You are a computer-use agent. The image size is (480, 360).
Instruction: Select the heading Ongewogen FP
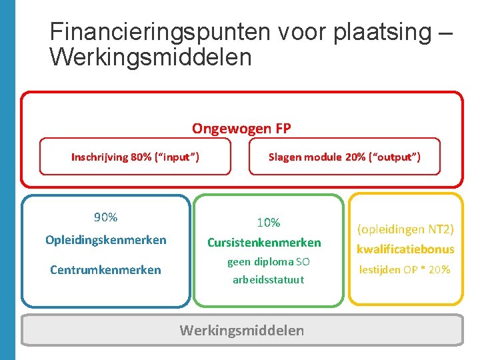click(x=241, y=128)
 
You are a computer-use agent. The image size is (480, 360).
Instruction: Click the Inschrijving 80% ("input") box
click(x=135, y=157)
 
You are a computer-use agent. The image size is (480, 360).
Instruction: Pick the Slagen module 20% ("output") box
click(x=344, y=157)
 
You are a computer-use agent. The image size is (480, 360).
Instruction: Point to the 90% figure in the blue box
click(x=105, y=217)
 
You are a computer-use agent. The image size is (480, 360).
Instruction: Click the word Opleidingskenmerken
click(x=105, y=240)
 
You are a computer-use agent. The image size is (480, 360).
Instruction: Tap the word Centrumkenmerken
click(x=105, y=270)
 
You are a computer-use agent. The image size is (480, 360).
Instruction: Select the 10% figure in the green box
click(x=268, y=223)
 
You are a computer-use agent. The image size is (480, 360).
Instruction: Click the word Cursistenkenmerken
click(x=264, y=243)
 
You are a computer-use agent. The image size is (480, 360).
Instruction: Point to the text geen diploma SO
click(x=268, y=262)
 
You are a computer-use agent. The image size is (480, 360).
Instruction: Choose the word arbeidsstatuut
click(x=268, y=280)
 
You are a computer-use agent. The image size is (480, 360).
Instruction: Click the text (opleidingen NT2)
click(x=405, y=229)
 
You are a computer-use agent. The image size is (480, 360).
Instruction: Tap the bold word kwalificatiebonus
click(x=405, y=249)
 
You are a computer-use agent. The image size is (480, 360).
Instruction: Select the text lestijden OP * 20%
click(x=405, y=270)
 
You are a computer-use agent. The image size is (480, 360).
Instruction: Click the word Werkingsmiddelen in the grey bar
click(x=241, y=330)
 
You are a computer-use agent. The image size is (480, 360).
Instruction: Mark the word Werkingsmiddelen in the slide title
click(x=151, y=57)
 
